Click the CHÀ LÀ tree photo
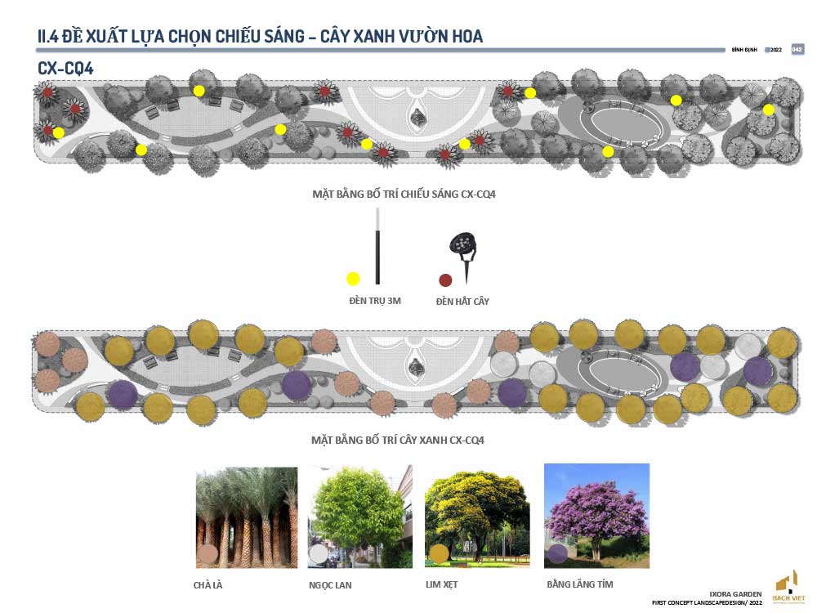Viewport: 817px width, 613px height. point(246,517)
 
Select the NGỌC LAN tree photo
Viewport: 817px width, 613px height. point(359,517)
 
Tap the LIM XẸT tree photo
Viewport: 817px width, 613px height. point(477,517)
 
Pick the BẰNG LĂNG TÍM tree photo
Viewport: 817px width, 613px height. point(596,516)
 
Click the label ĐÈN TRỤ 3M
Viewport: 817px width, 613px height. point(374,302)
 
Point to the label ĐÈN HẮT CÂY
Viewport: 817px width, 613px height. point(462,302)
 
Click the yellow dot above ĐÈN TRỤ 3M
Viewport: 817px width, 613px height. point(353,279)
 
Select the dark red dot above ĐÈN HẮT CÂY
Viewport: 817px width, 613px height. point(445,280)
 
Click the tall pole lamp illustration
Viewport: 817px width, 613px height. point(377,245)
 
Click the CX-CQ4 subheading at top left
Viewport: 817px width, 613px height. point(65,69)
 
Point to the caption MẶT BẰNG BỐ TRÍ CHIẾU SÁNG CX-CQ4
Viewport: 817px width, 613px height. point(404,195)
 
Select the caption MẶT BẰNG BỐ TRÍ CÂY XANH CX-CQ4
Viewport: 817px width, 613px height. point(398,440)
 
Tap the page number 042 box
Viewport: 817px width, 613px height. point(797,50)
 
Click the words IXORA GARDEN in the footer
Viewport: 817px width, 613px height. point(736,593)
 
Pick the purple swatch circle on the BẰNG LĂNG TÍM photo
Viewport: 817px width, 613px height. point(558,553)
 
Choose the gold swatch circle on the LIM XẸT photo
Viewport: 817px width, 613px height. point(439,553)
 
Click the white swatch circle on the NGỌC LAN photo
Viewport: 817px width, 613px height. point(319,554)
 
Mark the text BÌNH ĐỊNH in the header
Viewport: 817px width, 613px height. point(744,50)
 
